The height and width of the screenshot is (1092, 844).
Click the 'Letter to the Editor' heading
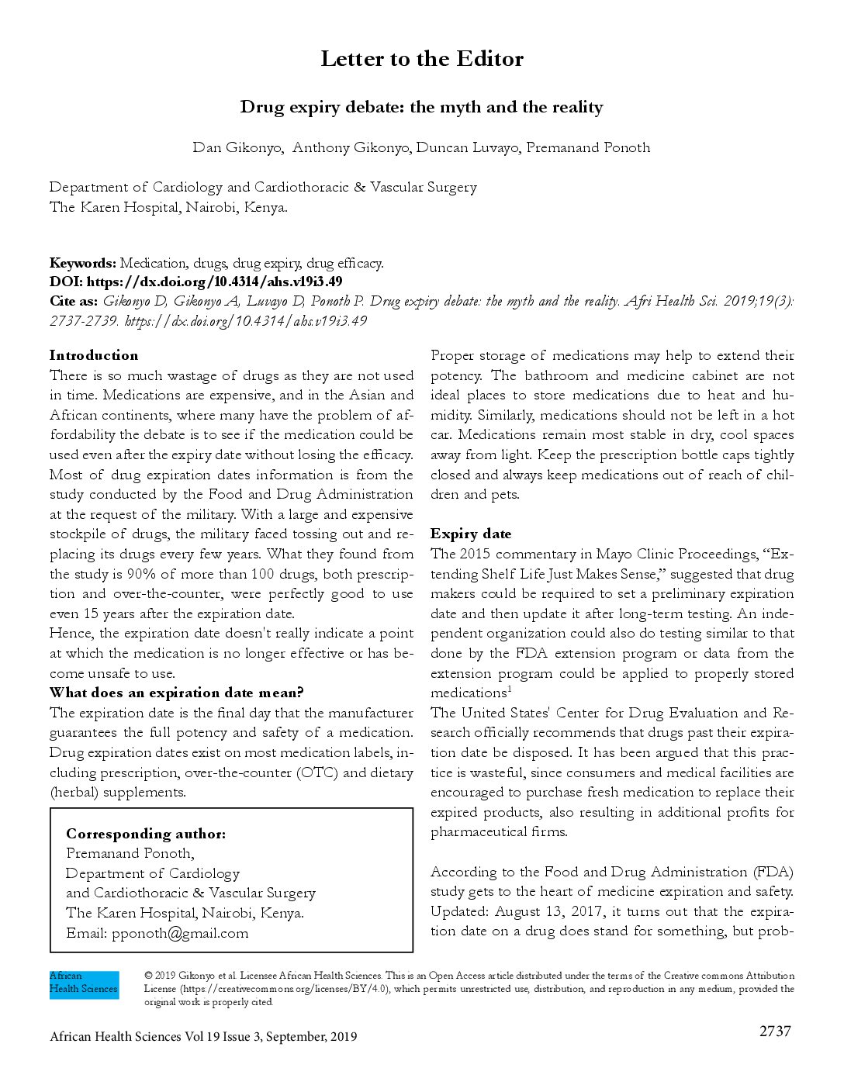click(422, 59)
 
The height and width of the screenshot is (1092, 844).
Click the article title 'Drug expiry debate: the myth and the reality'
click(421, 107)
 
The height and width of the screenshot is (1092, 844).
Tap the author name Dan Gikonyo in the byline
click(237, 147)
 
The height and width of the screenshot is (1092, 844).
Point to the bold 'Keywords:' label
click(83, 263)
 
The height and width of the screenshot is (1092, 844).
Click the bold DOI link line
click(195, 282)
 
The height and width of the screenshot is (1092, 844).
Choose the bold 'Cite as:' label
click(74, 301)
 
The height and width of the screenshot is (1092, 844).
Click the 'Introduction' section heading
click(94, 355)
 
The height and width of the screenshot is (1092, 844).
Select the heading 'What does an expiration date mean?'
click(177, 693)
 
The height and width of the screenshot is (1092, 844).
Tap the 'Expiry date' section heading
click(471, 534)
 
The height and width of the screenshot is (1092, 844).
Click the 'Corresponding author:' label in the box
click(146, 834)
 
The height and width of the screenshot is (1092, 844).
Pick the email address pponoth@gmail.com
click(180, 933)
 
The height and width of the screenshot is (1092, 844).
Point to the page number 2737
click(775, 1031)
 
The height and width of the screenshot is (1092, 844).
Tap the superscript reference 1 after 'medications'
click(510, 689)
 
